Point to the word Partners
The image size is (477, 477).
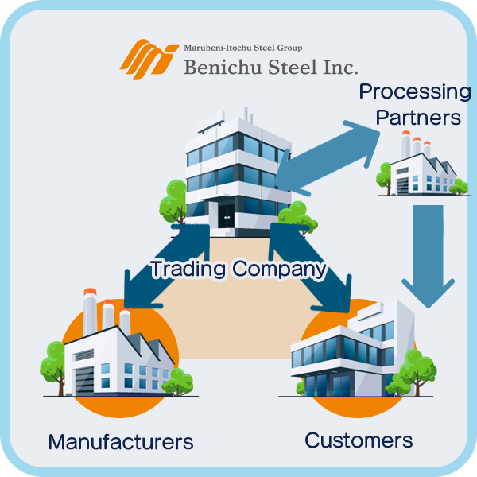pyautogui.click(x=418, y=118)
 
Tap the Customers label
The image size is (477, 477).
pyautogui.click(x=359, y=440)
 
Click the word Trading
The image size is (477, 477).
pyautogui.click(x=188, y=269)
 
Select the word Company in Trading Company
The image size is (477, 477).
pyautogui.click(x=279, y=269)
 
